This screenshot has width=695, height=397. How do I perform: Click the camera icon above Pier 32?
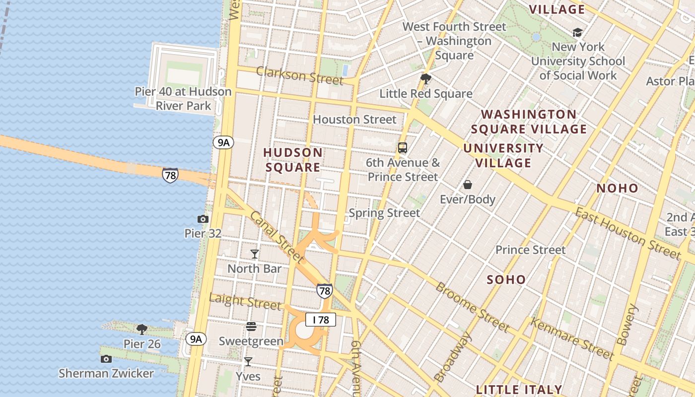(x=203, y=219)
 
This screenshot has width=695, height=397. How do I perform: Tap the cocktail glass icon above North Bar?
(x=255, y=254)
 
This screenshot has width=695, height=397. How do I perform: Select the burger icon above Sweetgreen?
(x=251, y=327)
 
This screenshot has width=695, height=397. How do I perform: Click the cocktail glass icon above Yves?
(x=248, y=362)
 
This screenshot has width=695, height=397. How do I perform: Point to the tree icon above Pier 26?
(x=142, y=329)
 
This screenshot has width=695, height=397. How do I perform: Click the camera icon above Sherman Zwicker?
(x=106, y=359)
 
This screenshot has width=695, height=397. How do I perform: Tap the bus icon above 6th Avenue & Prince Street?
(x=403, y=147)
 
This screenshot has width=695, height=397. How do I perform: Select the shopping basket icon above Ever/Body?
(x=468, y=185)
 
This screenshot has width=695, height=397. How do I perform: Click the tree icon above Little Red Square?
(x=425, y=78)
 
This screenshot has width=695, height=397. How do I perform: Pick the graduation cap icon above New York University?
(x=577, y=32)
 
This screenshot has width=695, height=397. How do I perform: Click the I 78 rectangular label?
(x=321, y=320)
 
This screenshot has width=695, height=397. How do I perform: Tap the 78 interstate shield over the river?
(x=170, y=175)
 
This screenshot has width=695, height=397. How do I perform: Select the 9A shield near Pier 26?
(x=196, y=339)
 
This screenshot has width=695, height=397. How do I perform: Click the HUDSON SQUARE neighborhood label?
(x=292, y=160)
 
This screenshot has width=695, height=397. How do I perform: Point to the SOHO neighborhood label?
(x=506, y=279)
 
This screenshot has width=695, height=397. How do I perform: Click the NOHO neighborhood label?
(x=617, y=188)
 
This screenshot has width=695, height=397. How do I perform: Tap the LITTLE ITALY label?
(x=519, y=390)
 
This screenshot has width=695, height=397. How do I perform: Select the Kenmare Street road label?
(x=572, y=338)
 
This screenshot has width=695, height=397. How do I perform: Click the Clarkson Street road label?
(x=299, y=75)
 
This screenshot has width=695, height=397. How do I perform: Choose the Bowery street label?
(x=626, y=325)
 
